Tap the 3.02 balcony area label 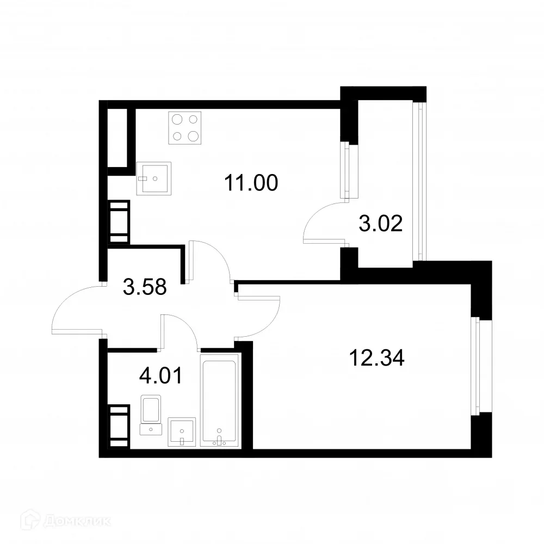381,223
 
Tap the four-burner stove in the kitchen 185,127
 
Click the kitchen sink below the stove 154,177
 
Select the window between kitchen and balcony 345,171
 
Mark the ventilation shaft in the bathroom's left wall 120,425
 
